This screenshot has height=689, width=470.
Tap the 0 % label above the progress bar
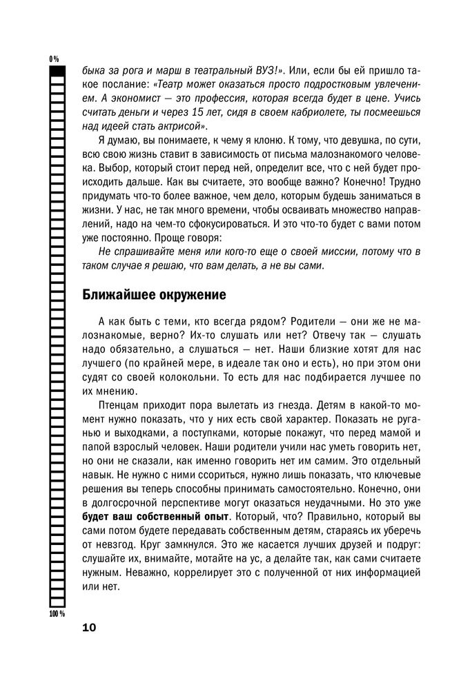54,59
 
